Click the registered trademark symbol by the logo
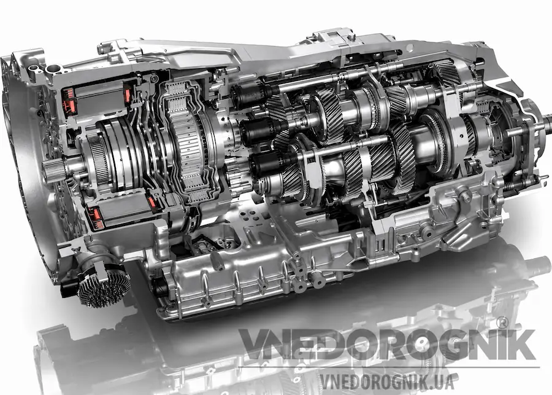502,323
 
